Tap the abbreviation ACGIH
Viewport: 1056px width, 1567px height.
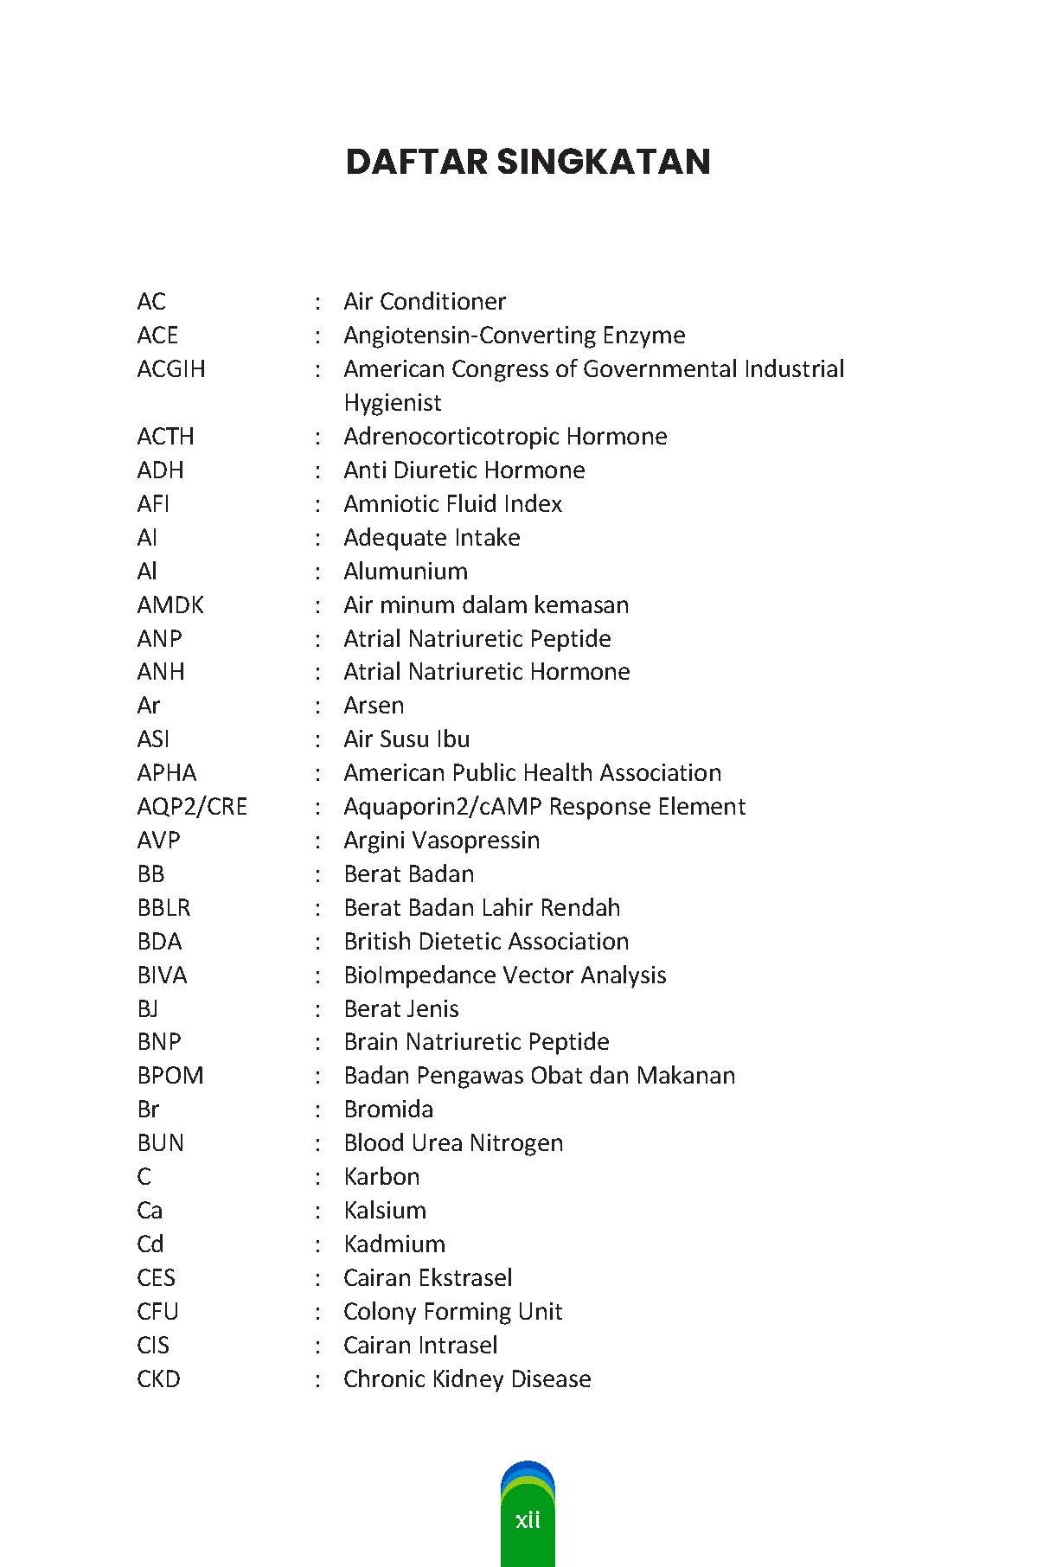tap(171, 369)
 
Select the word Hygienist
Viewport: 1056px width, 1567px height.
tap(393, 403)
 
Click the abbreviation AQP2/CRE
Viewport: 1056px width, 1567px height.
tap(192, 807)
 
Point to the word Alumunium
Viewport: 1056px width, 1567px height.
tap(406, 572)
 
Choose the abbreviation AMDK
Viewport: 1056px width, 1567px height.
tap(170, 605)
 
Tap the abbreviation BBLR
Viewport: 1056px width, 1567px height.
tap(163, 908)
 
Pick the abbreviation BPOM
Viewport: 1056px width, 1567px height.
tap(170, 1076)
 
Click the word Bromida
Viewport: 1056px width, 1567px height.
tap(388, 1110)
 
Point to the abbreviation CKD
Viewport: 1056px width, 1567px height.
tap(158, 1379)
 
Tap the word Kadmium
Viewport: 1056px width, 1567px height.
tap(394, 1244)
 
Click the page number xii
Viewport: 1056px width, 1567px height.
tap(528, 1519)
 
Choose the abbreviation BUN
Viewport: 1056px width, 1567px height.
tap(160, 1143)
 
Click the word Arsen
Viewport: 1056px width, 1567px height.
tap(374, 706)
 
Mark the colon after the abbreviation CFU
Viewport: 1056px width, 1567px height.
tap(318, 1312)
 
